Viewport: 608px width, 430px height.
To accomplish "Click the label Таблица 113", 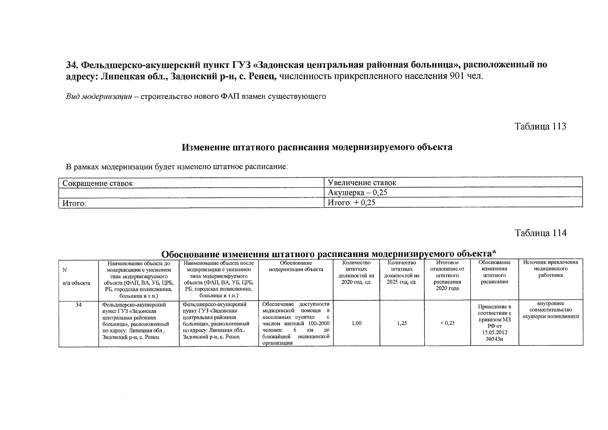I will [x=540, y=126].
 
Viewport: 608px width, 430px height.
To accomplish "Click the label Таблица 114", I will [x=540, y=233].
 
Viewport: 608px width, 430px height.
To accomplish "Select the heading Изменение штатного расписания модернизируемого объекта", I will [x=317, y=147].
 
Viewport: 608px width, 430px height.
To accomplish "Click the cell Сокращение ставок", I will [x=97, y=183].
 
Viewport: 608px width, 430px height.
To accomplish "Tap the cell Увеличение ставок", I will [x=362, y=183].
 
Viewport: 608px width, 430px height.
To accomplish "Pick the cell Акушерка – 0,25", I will [x=358, y=193].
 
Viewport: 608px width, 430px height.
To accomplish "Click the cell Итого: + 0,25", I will [x=351, y=203].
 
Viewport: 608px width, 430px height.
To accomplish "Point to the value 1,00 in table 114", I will [x=356, y=323].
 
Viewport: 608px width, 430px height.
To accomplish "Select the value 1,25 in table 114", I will [x=402, y=323].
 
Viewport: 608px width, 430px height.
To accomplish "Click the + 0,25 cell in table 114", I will [x=447, y=323].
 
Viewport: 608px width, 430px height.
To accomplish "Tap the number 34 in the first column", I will [x=78, y=305].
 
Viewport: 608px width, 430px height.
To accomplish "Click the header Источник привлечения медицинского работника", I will [x=551, y=269].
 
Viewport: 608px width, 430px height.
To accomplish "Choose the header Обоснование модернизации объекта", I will [x=296, y=266].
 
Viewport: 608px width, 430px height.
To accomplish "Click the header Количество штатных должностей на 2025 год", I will [x=402, y=272].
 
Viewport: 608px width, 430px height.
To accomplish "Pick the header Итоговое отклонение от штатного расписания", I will [x=447, y=275].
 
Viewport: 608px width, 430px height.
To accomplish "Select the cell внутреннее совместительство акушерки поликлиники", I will [x=551, y=310].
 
